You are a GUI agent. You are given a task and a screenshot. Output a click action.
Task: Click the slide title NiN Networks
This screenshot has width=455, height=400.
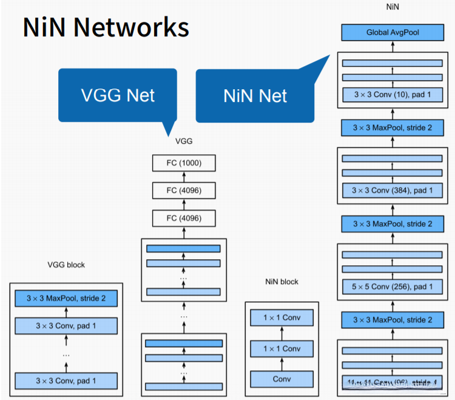tap(106, 27)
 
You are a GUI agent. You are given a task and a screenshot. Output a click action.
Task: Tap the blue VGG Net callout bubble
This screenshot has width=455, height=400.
tap(118, 95)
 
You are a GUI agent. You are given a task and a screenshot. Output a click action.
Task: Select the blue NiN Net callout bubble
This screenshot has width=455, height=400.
tap(255, 95)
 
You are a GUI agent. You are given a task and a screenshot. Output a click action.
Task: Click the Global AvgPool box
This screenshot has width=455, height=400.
tap(393, 32)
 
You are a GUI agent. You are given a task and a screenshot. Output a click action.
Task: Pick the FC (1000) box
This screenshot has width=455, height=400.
tap(184, 163)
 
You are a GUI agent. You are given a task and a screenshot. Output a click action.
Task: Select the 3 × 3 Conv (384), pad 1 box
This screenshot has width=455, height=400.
tap(393, 191)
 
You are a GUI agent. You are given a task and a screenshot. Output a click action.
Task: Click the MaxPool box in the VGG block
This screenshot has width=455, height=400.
tap(66, 299)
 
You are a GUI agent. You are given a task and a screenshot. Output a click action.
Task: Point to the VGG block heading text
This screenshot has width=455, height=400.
tap(66, 265)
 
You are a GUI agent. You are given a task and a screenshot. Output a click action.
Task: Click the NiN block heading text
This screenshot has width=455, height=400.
tap(282, 282)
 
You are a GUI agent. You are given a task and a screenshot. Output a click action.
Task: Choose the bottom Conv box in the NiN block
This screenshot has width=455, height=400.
tap(283, 379)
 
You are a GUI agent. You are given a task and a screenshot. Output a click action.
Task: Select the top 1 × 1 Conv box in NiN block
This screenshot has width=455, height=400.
tap(283, 317)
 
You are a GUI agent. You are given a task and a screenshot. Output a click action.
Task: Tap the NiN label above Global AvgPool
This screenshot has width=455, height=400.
tap(393, 7)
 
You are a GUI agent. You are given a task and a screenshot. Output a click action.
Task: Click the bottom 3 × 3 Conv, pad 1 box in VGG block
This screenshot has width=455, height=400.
tap(66, 381)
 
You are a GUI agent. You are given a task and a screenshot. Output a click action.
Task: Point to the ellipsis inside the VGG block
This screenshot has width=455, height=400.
tap(66, 354)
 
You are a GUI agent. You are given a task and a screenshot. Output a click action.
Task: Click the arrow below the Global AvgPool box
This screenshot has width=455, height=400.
tap(393, 47)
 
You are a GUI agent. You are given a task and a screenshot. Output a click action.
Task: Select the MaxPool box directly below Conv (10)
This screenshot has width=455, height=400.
tap(393, 127)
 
